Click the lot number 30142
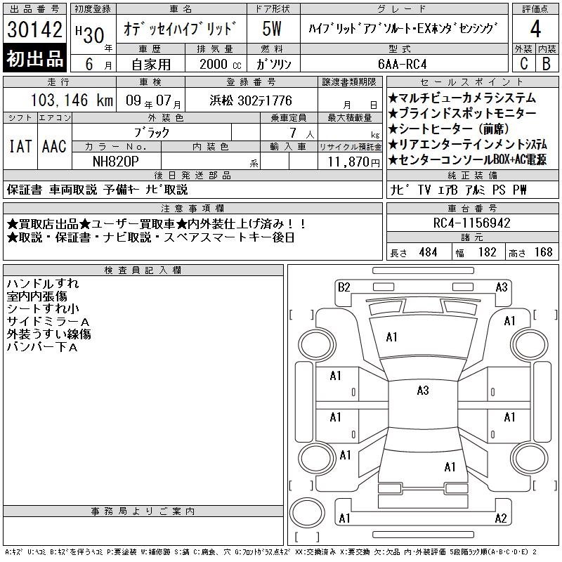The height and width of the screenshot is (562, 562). [34, 30]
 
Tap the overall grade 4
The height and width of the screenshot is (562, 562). [535, 29]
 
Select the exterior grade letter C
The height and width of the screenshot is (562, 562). [524, 63]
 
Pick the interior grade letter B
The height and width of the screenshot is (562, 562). [547, 63]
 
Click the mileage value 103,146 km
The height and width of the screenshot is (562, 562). [72, 100]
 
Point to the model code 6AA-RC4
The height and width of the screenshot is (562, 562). [402, 64]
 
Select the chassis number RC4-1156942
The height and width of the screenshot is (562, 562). [471, 223]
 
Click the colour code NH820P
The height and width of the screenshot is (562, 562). [116, 162]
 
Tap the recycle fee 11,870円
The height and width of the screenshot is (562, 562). [354, 162]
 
